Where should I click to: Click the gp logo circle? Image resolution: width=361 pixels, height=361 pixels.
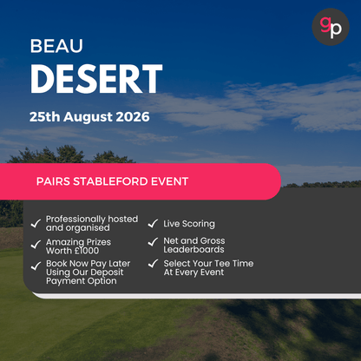pos(331,27)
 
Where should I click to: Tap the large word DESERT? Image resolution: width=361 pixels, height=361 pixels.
pos(95,80)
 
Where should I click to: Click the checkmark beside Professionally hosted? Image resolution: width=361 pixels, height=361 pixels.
pos(35,224)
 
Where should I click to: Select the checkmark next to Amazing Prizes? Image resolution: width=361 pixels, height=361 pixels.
pos(35,246)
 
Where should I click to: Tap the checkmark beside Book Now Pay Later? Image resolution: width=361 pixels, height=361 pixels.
pos(35,266)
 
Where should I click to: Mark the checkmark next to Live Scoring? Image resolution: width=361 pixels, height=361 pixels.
pos(153,224)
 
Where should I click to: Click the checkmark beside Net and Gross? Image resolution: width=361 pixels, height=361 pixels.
pos(153,243)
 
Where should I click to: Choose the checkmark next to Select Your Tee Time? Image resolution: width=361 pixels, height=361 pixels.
pos(153,265)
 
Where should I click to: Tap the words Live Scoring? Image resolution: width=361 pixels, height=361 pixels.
pos(189,224)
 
